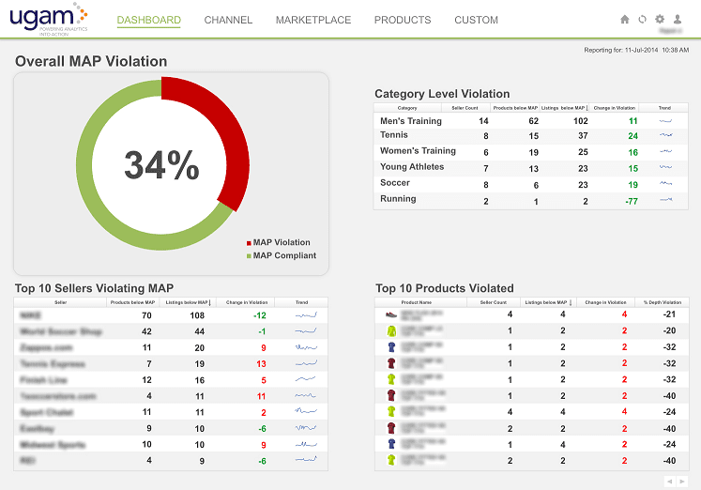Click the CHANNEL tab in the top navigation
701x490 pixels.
click(x=228, y=20)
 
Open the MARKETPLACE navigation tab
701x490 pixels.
click(x=313, y=20)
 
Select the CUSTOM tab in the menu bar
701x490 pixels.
click(x=476, y=20)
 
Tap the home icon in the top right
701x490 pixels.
click(x=625, y=19)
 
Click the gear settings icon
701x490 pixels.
click(x=660, y=19)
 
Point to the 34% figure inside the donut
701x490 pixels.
click(x=161, y=166)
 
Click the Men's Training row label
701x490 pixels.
click(x=410, y=120)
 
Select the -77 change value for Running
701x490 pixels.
click(x=632, y=200)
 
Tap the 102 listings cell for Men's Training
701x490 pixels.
click(x=581, y=120)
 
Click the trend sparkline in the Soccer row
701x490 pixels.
click(x=665, y=184)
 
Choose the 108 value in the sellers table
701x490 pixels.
click(x=198, y=315)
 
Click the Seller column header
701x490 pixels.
click(x=60, y=302)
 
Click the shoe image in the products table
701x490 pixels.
click(x=392, y=314)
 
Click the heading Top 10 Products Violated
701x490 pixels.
click(x=444, y=288)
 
